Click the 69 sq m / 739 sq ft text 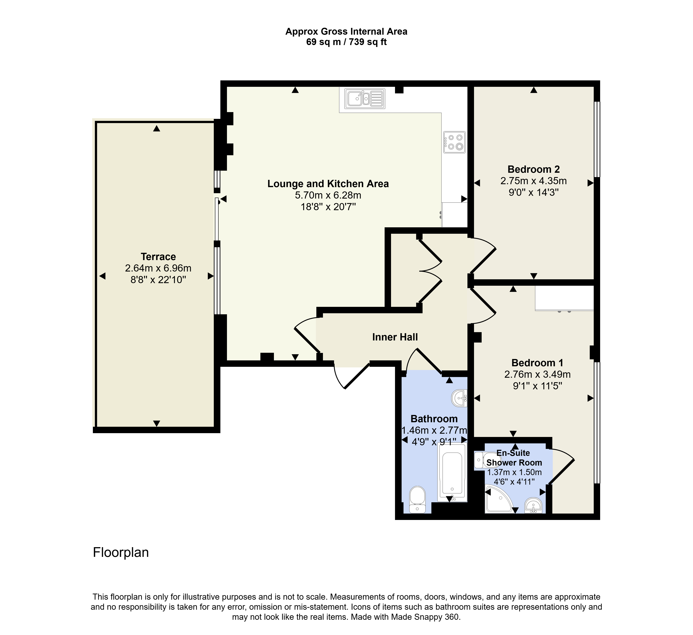click(x=346, y=42)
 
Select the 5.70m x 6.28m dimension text click(x=328, y=195)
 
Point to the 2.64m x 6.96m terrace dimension click(x=158, y=268)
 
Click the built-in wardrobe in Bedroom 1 click(x=564, y=298)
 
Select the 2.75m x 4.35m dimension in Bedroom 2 click(x=533, y=181)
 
